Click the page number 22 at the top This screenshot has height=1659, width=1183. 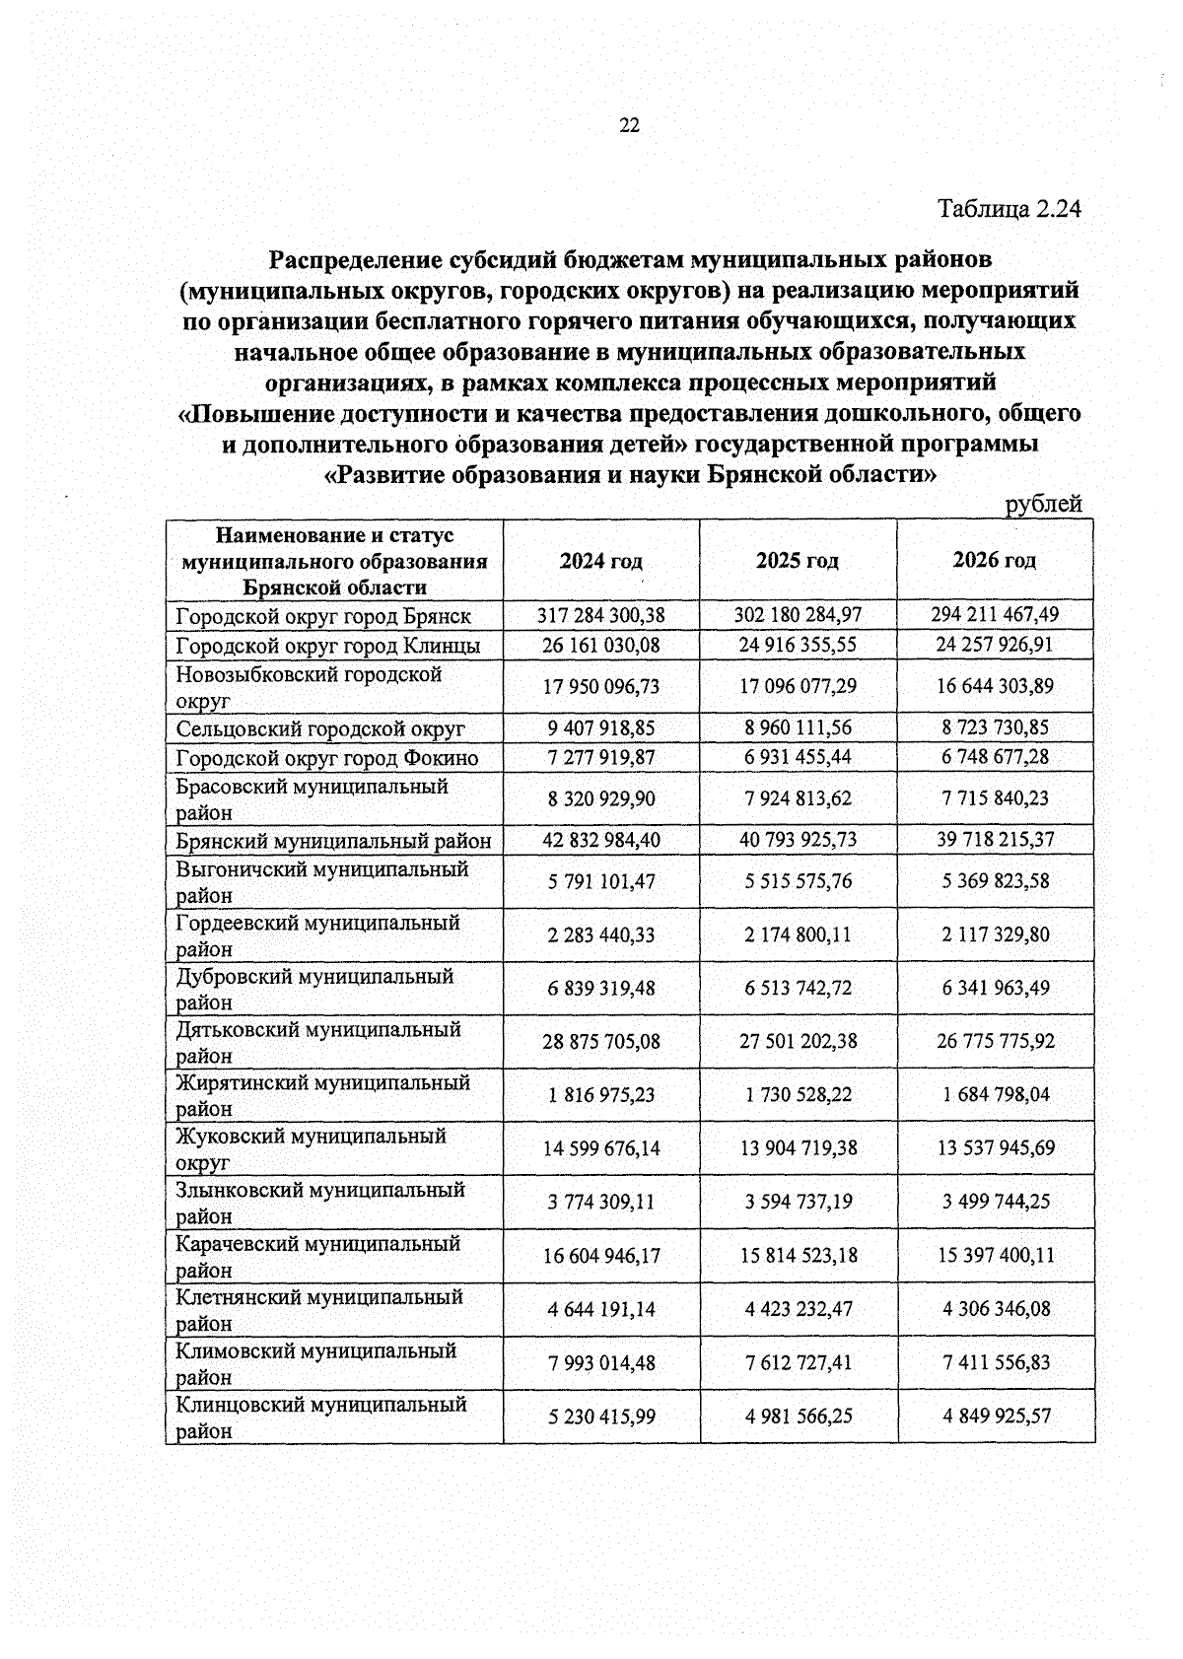(629, 125)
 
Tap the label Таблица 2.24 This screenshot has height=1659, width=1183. (1009, 209)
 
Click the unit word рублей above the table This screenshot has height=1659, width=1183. (1043, 505)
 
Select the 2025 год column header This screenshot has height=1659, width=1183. (798, 561)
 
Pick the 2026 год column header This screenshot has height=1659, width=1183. (995, 561)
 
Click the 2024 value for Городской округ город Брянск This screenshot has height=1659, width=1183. (601, 615)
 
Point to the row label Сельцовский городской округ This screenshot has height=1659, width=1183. (320, 729)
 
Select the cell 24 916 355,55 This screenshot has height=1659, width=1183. (798, 646)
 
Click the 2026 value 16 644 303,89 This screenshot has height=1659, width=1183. (995, 686)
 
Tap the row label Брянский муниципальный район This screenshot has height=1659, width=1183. (333, 841)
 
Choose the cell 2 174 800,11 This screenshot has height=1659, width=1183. (798, 934)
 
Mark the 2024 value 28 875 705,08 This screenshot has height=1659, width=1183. (601, 1041)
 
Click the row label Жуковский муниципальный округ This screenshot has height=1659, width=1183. (311, 1148)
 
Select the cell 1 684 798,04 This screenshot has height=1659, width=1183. (995, 1095)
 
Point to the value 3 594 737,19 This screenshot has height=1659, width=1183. (798, 1203)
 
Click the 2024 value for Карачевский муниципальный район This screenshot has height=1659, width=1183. (601, 1256)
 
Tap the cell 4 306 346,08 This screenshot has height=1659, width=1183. (995, 1310)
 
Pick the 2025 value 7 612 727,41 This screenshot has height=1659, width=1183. (798, 1363)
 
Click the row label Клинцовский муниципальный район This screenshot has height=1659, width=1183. (320, 1417)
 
